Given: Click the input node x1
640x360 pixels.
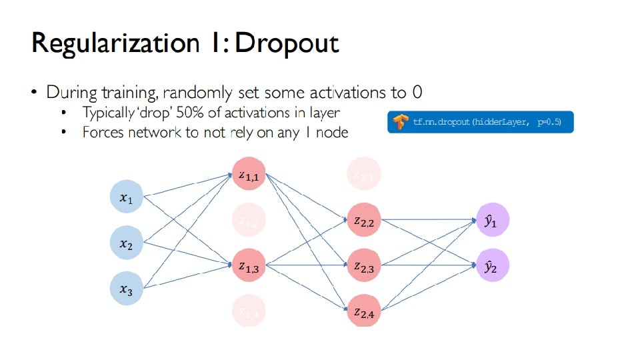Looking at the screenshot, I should [x=126, y=198].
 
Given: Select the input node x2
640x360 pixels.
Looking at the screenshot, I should [x=126, y=244].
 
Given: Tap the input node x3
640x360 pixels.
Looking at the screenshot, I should [x=126, y=289].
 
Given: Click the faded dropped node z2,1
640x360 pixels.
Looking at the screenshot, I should [x=364, y=175].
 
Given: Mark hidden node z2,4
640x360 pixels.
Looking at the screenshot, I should [x=364, y=311].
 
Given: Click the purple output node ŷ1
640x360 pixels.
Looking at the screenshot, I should [x=491, y=221].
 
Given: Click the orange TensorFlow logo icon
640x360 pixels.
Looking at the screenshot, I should [x=400, y=123].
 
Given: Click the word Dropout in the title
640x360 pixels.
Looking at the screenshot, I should [x=288, y=43].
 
